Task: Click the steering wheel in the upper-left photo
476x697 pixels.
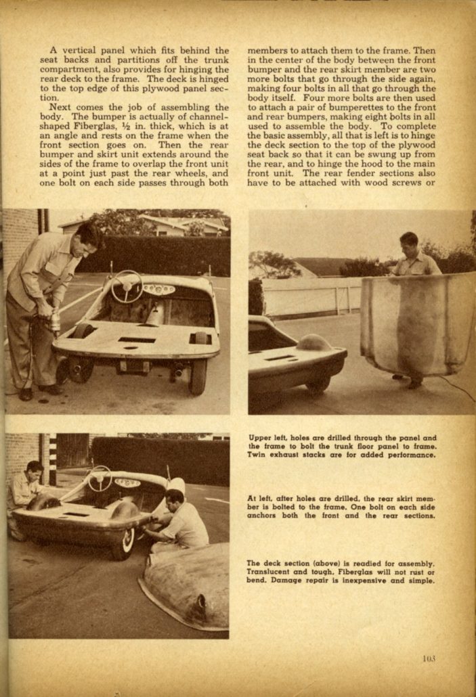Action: [127, 288]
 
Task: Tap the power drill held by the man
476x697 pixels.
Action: [51, 315]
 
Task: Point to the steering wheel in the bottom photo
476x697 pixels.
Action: [100, 478]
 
